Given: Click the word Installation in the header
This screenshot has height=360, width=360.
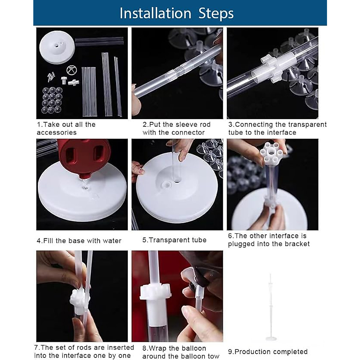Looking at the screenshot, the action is pyautogui.click(x=155, y=13).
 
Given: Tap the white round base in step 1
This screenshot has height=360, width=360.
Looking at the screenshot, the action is pyautogui.click(x=57, y=47).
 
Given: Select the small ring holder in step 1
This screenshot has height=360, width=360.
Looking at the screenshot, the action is pyautogui.click(x=72, y=70).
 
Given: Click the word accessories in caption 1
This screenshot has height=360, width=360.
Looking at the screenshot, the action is pyautogui.click(x=57, y=133).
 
